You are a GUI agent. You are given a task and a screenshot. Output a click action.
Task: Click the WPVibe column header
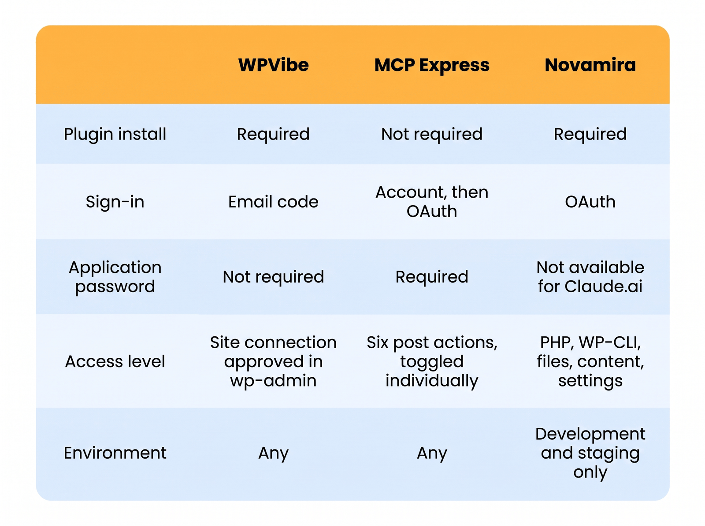point(273,65)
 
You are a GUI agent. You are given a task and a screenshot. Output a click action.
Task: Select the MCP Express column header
point(432,66)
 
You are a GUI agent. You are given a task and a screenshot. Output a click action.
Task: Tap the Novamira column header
point(590,65)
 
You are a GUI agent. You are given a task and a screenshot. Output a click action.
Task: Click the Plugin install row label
point(115,134)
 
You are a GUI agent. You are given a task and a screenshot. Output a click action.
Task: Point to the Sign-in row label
point(115,202)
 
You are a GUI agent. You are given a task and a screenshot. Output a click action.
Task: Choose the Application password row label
point(115,276)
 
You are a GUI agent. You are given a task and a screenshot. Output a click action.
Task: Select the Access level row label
point(115,361)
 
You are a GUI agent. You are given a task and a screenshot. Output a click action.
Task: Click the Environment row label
point(115,453)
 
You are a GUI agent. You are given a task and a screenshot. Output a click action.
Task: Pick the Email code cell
point(273,202)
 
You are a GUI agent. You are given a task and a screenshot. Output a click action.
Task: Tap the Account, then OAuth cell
point(432,202)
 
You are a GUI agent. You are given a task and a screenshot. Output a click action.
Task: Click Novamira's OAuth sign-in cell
point(590,202)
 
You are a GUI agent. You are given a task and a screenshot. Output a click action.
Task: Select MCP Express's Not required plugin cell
point(432,134)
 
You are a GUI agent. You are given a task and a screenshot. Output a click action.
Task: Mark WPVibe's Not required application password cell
point(273,276)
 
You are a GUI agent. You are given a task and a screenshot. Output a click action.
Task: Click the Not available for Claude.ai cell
point(590,276)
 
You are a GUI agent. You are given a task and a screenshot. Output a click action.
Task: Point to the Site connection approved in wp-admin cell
point(273,361)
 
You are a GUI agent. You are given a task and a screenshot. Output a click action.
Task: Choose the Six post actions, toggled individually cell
point(432,361)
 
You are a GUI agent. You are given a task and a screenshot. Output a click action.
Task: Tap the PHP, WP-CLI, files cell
point(590,361)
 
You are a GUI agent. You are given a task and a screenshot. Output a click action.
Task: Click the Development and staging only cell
point(590,453)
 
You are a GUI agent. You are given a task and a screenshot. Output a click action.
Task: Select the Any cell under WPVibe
point(273,453)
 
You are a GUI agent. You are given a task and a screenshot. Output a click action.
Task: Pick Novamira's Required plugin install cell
point(590,134)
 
